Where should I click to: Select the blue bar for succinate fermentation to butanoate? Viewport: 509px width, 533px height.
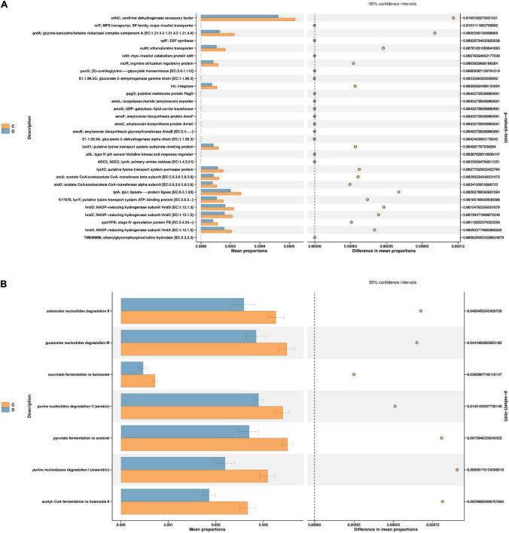(x=132, y=367)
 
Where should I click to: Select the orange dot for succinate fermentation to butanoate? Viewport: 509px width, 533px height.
(x=353, y=374)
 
